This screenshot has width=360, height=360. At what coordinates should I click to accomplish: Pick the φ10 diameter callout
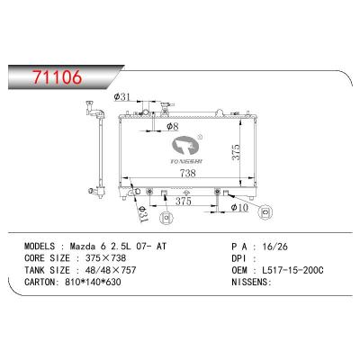(238, 207)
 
